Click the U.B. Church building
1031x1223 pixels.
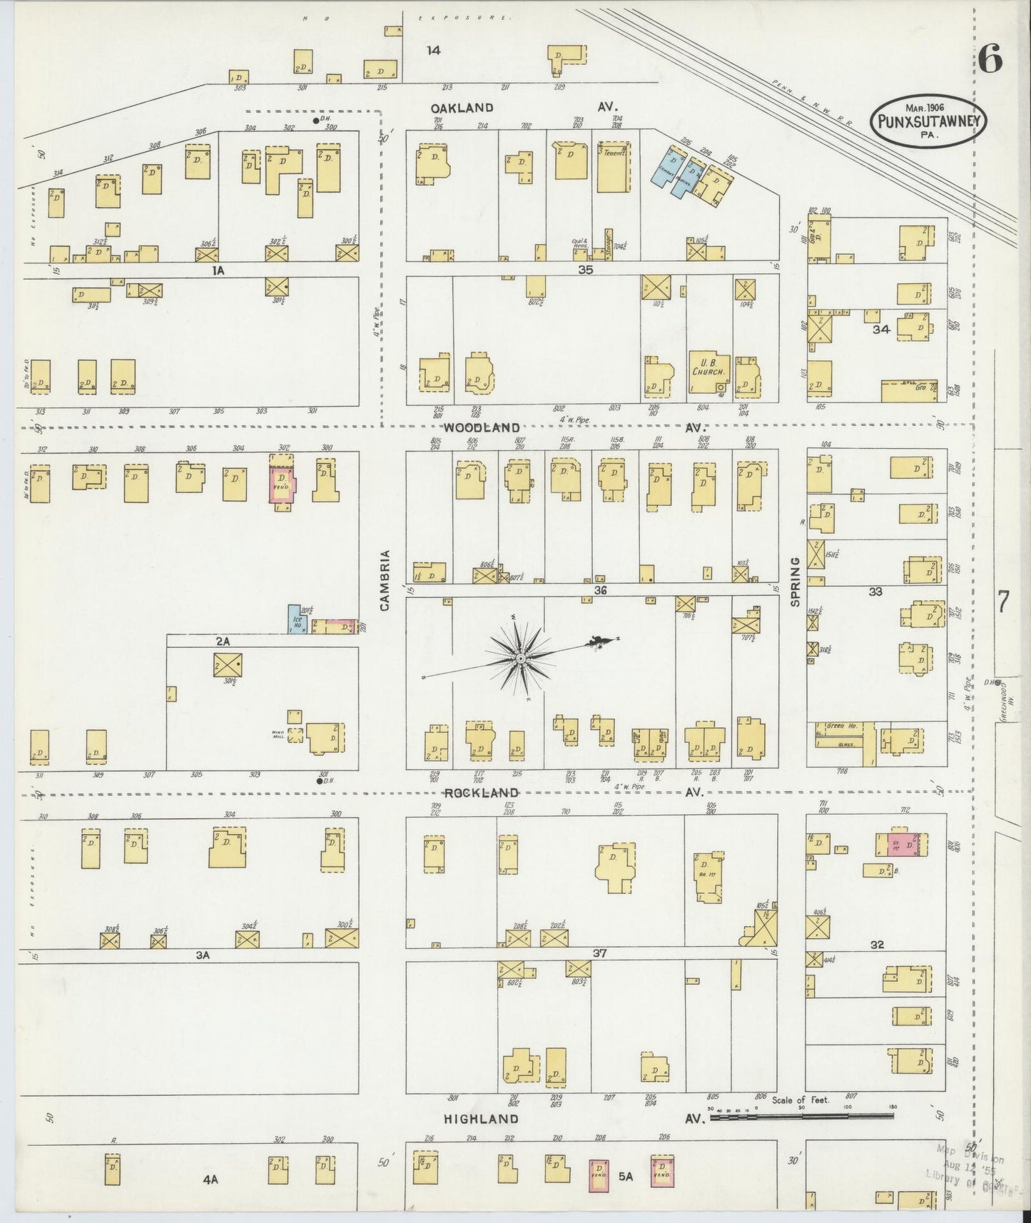[709, 372]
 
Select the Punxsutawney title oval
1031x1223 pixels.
[928, 122]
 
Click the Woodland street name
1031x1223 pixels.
[481, 427]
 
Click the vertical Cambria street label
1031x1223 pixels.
[386, 580]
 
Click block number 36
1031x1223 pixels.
[600, 590]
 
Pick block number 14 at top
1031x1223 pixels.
[433, 50]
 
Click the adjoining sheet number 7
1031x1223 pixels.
[1002, 603]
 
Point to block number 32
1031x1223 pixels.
[877, 944]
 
